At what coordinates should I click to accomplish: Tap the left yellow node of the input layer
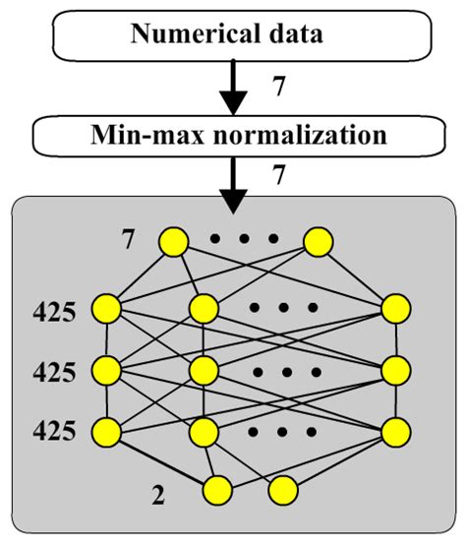(x=174, y=241)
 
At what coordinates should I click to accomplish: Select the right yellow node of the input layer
(x=318, y=241)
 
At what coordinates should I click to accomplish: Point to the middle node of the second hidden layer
(x=204, y=370)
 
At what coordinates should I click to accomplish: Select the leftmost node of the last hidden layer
(x=105, y=431)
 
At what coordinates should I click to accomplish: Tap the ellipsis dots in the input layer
(x=246, y=239)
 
